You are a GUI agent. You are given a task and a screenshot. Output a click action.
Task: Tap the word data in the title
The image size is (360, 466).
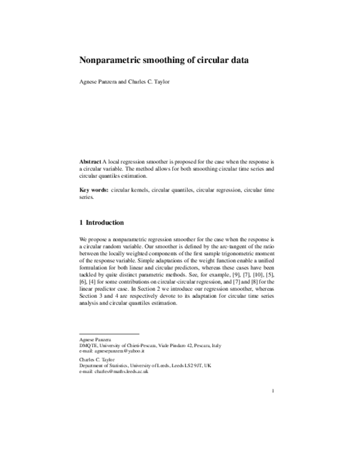click(x=238, y=60)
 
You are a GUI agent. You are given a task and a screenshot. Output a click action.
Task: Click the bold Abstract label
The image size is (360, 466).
click(x=90, y=162)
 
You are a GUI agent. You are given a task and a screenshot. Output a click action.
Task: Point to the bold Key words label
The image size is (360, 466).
click(x=93, y=190)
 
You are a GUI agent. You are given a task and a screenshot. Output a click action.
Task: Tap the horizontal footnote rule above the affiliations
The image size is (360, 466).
click(x=109, y=334)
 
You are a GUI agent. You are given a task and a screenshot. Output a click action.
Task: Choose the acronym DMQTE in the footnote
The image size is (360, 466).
click(x=89, y=346)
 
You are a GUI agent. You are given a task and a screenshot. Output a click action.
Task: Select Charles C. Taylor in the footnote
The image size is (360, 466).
click(x=97, y=360)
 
